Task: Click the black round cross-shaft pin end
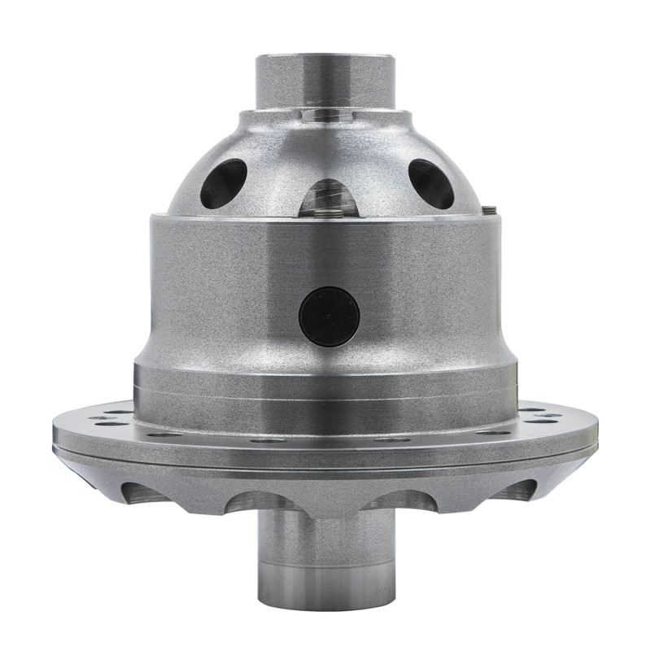coord(329,317)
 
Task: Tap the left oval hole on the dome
coord(223,183)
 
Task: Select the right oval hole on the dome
coord(431,183)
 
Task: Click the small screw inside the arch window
coord(328,213)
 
